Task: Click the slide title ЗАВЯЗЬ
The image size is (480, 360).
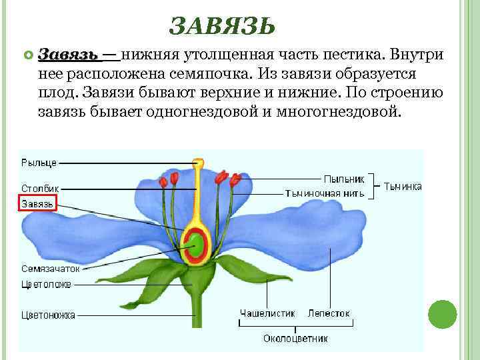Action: coord(222,26)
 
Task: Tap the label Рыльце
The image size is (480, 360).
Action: coord(39,162)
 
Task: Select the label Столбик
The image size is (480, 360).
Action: coord(41,189)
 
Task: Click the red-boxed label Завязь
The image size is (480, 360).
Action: coord(37,203)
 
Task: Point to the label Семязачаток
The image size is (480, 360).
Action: coord(50,269)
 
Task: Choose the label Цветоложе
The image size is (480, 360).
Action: coord(46,284)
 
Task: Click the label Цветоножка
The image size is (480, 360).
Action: coord(49,315)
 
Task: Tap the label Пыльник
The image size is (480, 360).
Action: coord(344,179)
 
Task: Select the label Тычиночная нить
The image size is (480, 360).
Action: coord(325,193)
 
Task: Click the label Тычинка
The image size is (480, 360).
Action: coord(403,187)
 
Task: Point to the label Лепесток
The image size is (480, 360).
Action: coord(329,313)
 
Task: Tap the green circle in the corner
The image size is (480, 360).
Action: coord(442,314)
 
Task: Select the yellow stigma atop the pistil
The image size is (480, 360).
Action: coord(197,163)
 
